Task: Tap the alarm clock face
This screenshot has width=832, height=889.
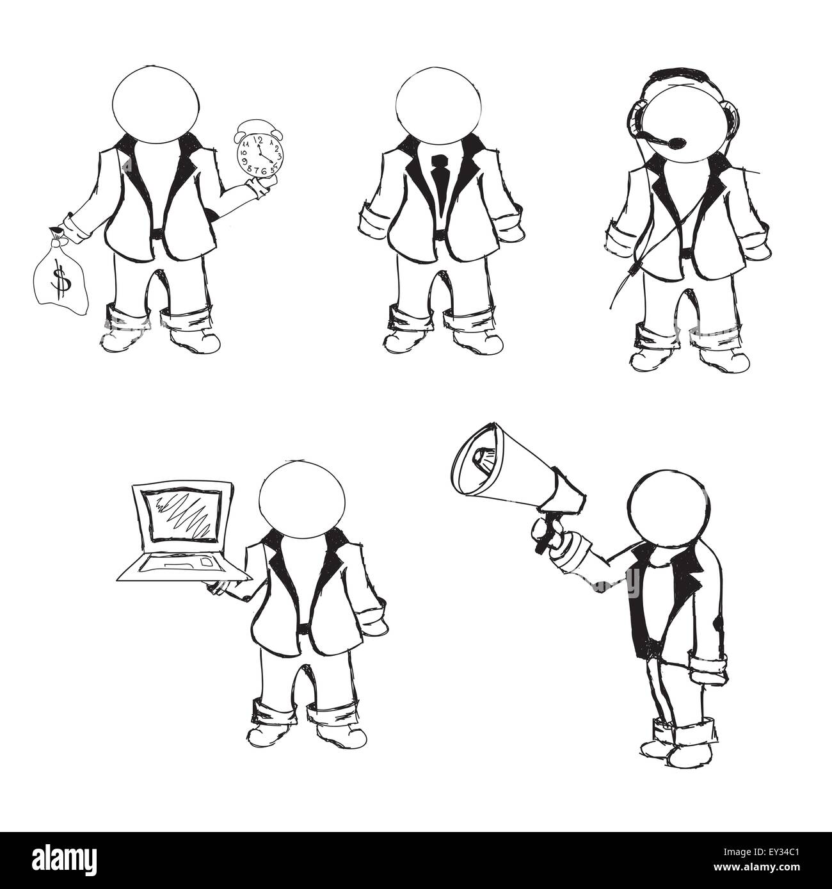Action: [258, 154]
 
